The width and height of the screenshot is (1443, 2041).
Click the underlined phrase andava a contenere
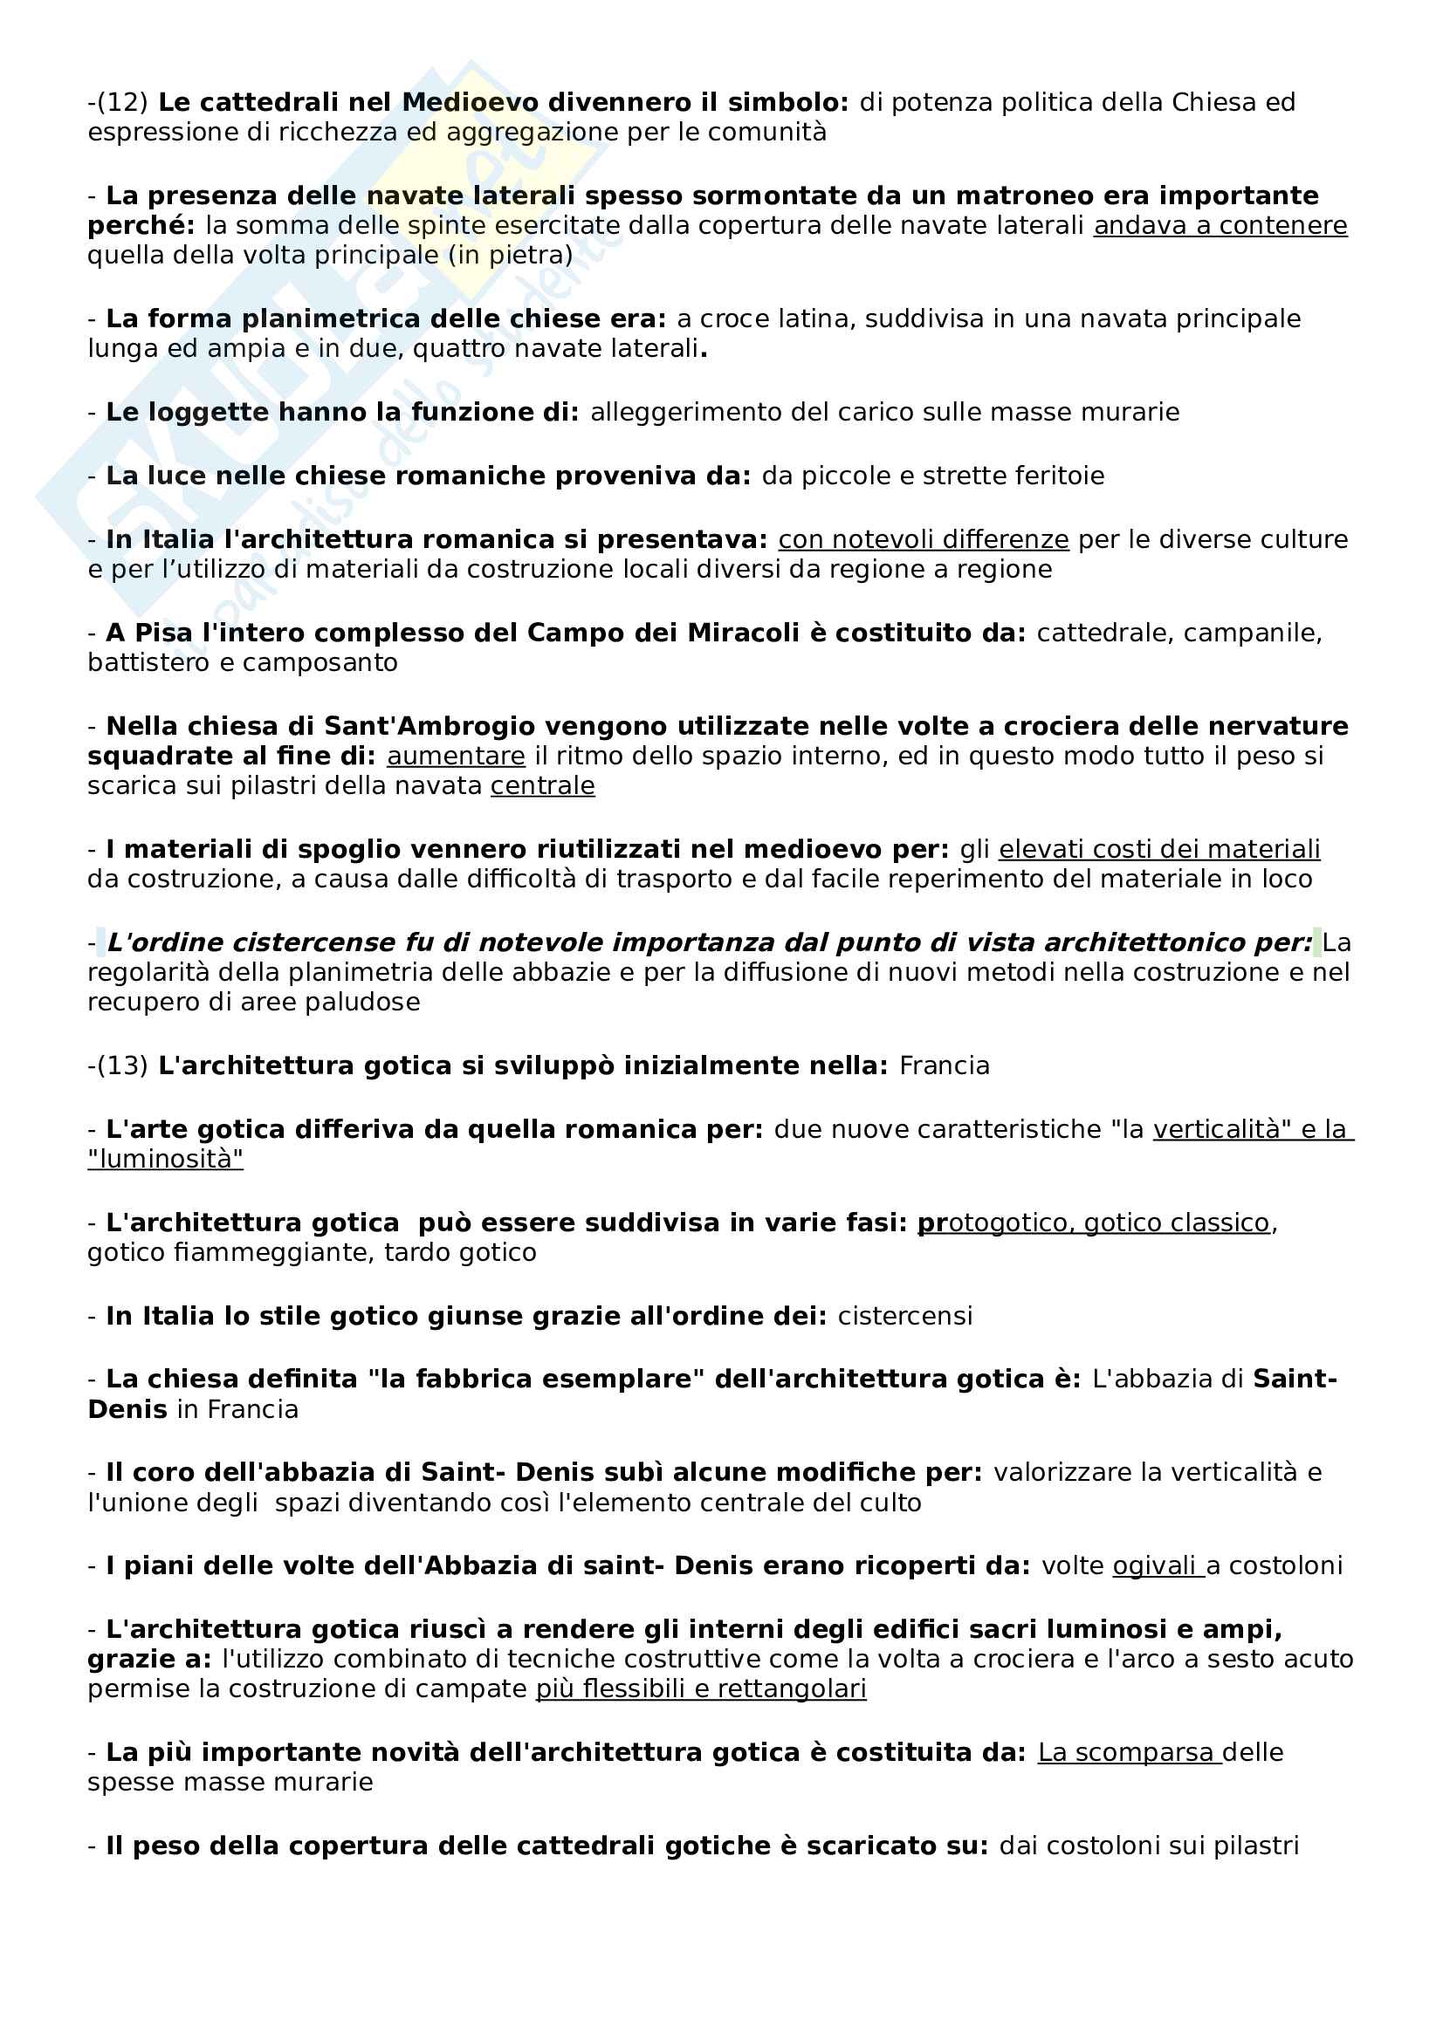click(1220, 226)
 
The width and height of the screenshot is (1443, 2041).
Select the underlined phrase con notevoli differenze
click(923, 539)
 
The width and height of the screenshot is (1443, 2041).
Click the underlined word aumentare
click(455, 757)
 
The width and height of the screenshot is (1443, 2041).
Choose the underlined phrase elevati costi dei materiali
click(1158, 850)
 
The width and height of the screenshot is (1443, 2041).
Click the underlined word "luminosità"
click(165, 1159)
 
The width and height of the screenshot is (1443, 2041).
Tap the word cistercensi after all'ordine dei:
click(904, 1316)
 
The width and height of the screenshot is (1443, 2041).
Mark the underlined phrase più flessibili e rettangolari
click(701, 1689)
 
